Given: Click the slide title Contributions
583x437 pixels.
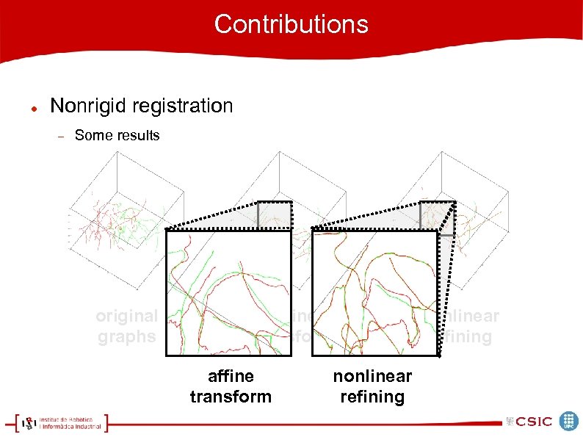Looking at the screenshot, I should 291,24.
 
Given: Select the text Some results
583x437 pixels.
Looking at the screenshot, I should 117,135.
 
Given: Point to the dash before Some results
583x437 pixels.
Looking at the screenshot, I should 62,136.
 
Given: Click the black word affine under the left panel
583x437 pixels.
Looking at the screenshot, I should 231,376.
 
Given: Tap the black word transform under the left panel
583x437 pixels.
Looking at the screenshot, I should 231,397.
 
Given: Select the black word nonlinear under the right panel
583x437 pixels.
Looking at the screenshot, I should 372,376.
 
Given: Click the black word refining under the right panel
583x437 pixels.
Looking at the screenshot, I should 372,397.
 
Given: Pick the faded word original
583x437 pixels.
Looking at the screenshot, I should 126,316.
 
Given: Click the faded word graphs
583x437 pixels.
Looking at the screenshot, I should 126,336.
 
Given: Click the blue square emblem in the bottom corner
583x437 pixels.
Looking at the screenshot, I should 569,421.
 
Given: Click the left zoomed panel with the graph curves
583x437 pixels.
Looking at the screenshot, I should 228,293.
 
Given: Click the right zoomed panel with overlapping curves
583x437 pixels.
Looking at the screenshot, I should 374,293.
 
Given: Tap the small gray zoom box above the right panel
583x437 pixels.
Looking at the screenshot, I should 438,217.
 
